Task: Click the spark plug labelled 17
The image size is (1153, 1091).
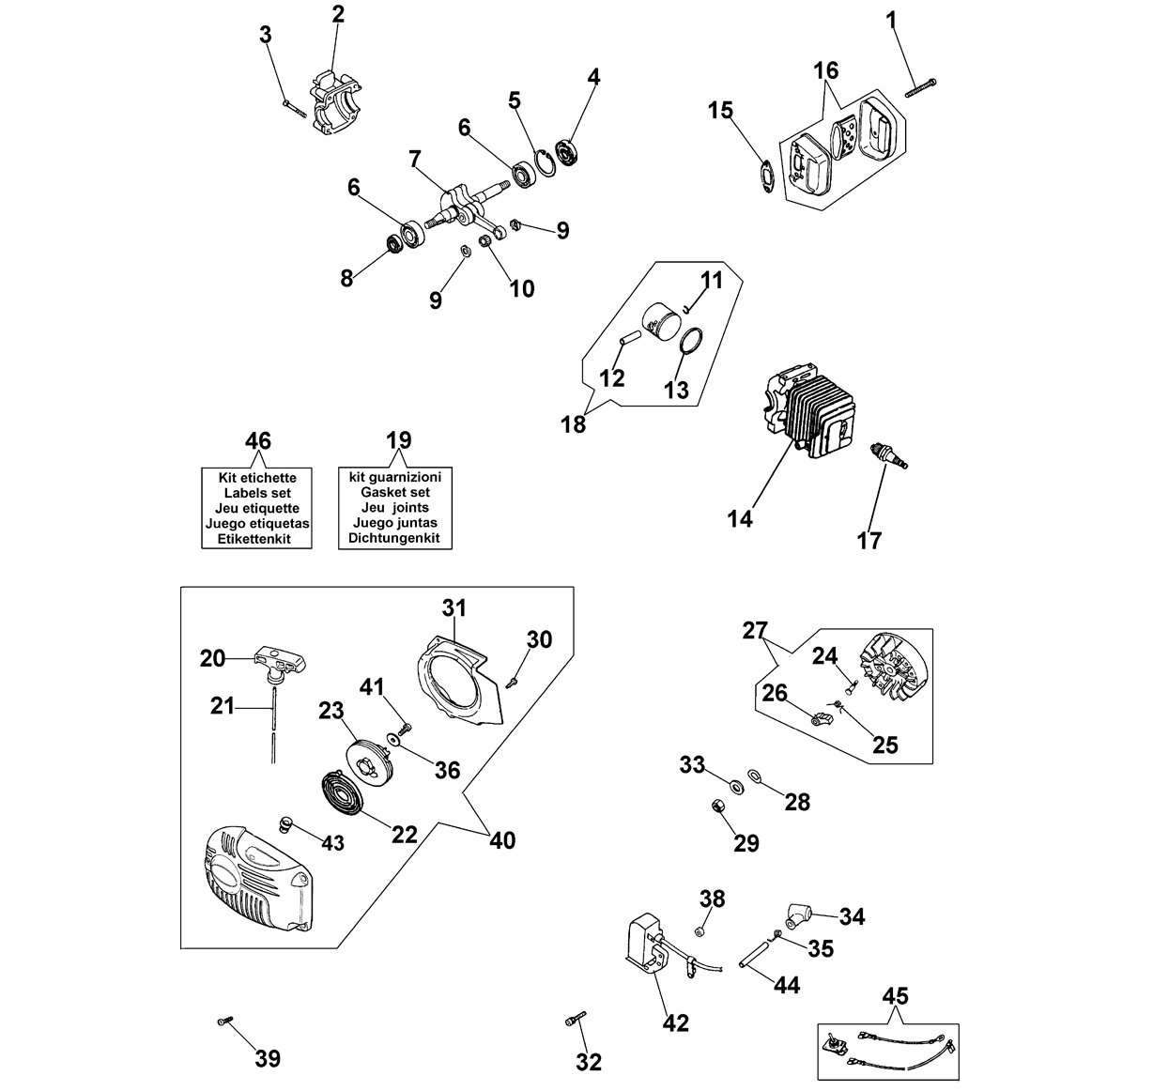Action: (888, 456)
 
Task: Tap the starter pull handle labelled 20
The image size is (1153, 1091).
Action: (282, 662)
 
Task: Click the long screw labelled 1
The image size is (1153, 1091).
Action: (921, 88)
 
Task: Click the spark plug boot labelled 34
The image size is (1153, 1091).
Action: (797, 915)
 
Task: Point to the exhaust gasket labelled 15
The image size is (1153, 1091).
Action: (765, 176)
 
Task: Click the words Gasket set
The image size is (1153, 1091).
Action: (394, 492)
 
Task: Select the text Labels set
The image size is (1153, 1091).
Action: (257, 493)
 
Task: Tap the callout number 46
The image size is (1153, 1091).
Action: (258, 440)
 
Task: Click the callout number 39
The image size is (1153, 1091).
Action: (268, 1058)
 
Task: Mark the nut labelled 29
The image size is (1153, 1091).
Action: (716, 806)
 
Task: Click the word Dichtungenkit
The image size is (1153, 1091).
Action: (393, 538)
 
